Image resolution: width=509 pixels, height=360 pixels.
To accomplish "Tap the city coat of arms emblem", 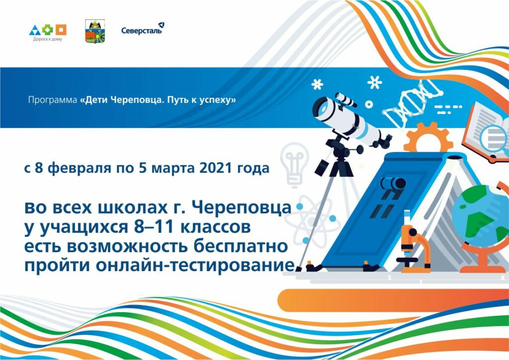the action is [95, 31].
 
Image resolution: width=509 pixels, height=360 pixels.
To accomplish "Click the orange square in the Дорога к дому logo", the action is [61, 30].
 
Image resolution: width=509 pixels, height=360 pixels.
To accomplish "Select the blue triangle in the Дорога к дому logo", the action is [35, 30].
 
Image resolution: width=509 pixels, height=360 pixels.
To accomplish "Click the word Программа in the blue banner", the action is [53, 100].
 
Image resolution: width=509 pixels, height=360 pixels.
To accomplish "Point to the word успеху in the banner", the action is [219, 100].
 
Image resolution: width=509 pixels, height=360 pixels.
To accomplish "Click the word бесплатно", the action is [240, 246].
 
